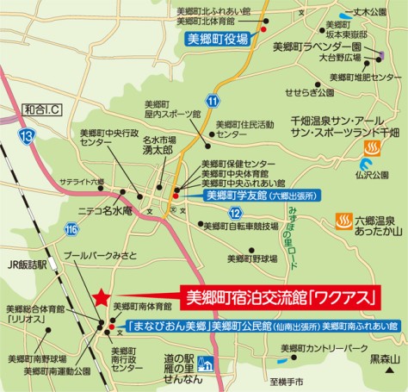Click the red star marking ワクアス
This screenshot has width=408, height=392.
101,297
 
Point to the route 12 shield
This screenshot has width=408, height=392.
233,213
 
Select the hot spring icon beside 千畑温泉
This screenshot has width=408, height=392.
372,147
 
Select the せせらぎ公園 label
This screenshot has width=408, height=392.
315,91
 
